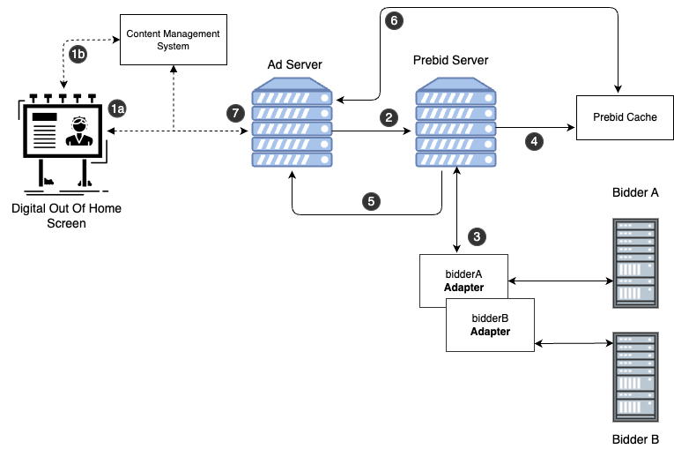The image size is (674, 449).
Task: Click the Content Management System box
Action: point(174,40)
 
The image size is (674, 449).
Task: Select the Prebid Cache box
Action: point(625,117)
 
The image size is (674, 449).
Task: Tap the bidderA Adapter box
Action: point(463,281)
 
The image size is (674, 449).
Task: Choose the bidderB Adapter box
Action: point(490,325)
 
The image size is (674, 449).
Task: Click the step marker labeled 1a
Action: point(117,109)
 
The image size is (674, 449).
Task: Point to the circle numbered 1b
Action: point(78,55)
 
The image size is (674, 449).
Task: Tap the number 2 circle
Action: point(389,117)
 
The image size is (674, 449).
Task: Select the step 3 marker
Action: point(477,236)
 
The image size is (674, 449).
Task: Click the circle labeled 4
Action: point(533,140)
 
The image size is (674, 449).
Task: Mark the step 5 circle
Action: point(371,201)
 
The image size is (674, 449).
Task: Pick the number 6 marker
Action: point(394,20)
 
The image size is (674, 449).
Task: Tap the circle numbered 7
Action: point(235,113)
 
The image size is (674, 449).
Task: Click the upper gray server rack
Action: point(635,264)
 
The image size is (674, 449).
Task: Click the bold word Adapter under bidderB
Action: point(490,333)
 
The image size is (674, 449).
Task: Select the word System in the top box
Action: point(174,46)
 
